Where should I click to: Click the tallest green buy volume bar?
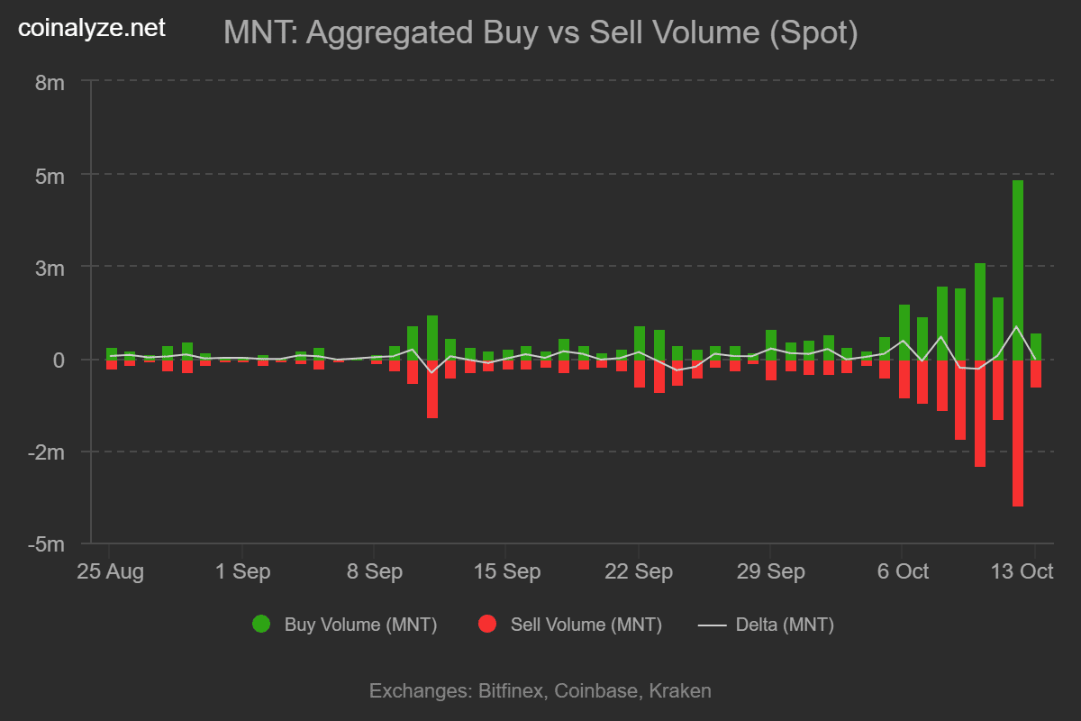coord(1017,270)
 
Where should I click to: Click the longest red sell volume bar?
coord(1017,433)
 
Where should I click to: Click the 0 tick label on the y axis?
coord(59,360)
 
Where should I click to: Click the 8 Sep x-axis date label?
coord(374,572)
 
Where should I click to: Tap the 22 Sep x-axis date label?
coord(638,572)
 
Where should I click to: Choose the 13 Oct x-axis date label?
coord(1022,572)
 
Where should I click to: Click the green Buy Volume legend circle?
coord(261,624)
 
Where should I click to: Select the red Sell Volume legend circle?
coord(487,624)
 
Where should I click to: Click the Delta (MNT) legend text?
coord(785,625)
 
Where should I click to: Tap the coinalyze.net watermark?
coord(92,28)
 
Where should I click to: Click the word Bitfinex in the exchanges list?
coord(510,691)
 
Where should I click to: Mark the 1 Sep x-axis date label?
coord(241,572)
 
